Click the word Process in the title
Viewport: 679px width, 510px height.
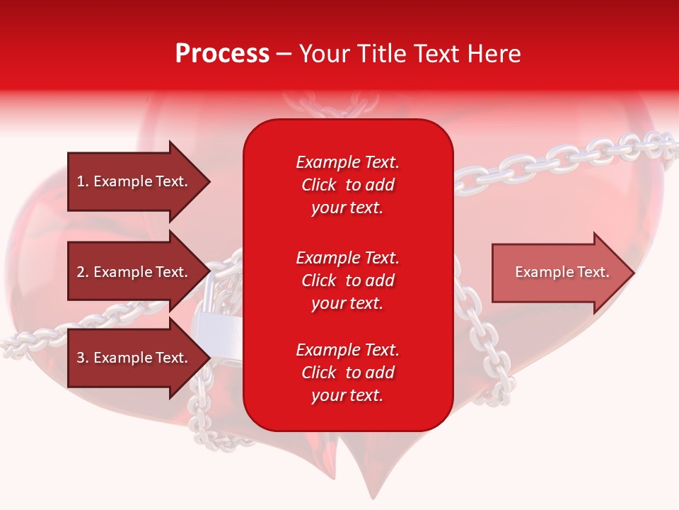tap(222, 54)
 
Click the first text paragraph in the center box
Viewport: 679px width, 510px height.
tap(347, 185)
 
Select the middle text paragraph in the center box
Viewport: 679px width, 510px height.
tap(347, 280)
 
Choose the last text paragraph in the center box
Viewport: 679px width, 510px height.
tap(347, 373)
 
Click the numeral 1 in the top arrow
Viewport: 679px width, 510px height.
tap(80, 181)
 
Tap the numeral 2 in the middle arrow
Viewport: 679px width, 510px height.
tap(81, 272)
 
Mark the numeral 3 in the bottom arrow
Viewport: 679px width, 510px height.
tap(81, 358)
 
